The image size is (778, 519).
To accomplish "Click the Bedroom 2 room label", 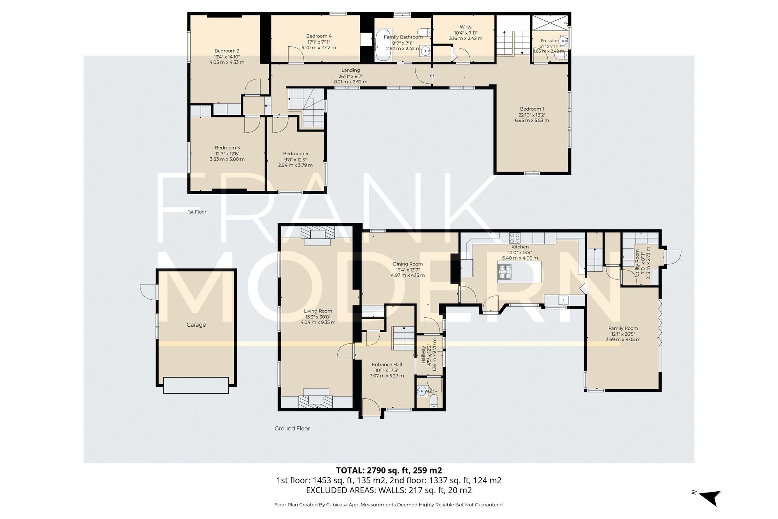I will click(227, 51).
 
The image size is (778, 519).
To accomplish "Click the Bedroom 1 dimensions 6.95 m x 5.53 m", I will click(532, 120).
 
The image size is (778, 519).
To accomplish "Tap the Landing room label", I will click(350, 70).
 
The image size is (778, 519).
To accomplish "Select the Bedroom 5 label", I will click(295, 153).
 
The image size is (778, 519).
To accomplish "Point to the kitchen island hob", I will click(505, 272).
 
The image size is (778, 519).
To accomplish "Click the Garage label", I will click(196, 325).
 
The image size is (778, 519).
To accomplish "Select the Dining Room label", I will click(408, 264).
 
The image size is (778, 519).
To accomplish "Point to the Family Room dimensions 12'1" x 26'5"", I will click(623, 334).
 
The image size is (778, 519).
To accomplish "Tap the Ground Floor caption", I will click(292, 428).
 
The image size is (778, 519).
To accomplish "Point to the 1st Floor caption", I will click(197, 212).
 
